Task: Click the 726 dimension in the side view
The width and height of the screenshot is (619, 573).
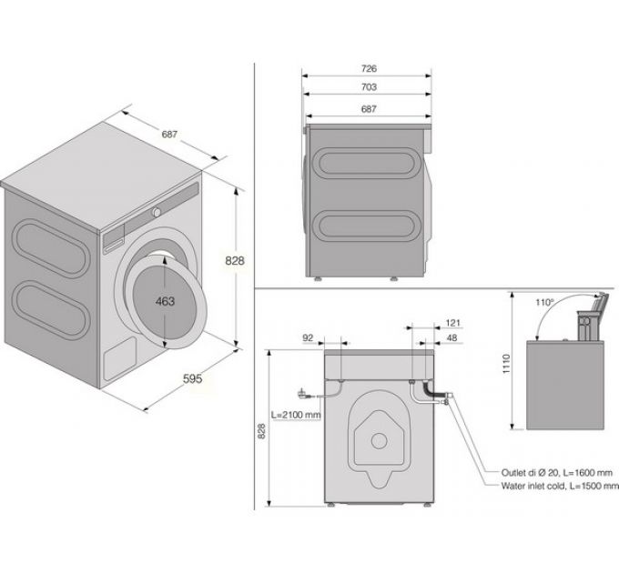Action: pos(369,68)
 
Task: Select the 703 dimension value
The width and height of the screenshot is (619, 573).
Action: pos(369,86)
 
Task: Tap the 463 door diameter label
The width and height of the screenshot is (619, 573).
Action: pos(165,301)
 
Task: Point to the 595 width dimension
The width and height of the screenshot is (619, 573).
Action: pos(193,378)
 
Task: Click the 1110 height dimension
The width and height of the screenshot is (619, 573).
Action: pos(506,364)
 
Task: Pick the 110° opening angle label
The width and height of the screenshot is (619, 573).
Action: pos(545,303)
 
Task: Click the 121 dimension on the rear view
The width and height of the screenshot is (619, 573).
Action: pos(452,323)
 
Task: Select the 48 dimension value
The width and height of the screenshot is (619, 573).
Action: pos(452,338)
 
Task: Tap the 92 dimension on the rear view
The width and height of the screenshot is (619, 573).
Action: pos(308,338)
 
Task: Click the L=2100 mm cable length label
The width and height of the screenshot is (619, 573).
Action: pos(296,415)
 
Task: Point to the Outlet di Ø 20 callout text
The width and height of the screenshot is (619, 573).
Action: pos(557,472)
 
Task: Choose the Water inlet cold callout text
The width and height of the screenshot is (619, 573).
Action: pos(560,486)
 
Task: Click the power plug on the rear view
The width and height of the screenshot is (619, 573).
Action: pos(302,393)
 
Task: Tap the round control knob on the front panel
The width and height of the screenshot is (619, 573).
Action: pos(157,212)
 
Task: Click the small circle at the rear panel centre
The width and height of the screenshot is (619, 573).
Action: pos(379,441)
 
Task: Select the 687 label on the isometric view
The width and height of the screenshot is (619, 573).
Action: pos(169,134)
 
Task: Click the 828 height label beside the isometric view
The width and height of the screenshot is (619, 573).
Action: pos(235,261)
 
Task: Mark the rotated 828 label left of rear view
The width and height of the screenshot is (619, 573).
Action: pos(261,431)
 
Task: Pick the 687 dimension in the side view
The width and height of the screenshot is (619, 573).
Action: pos(369,109)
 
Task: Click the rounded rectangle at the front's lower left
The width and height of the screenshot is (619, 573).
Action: pos(120,359)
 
